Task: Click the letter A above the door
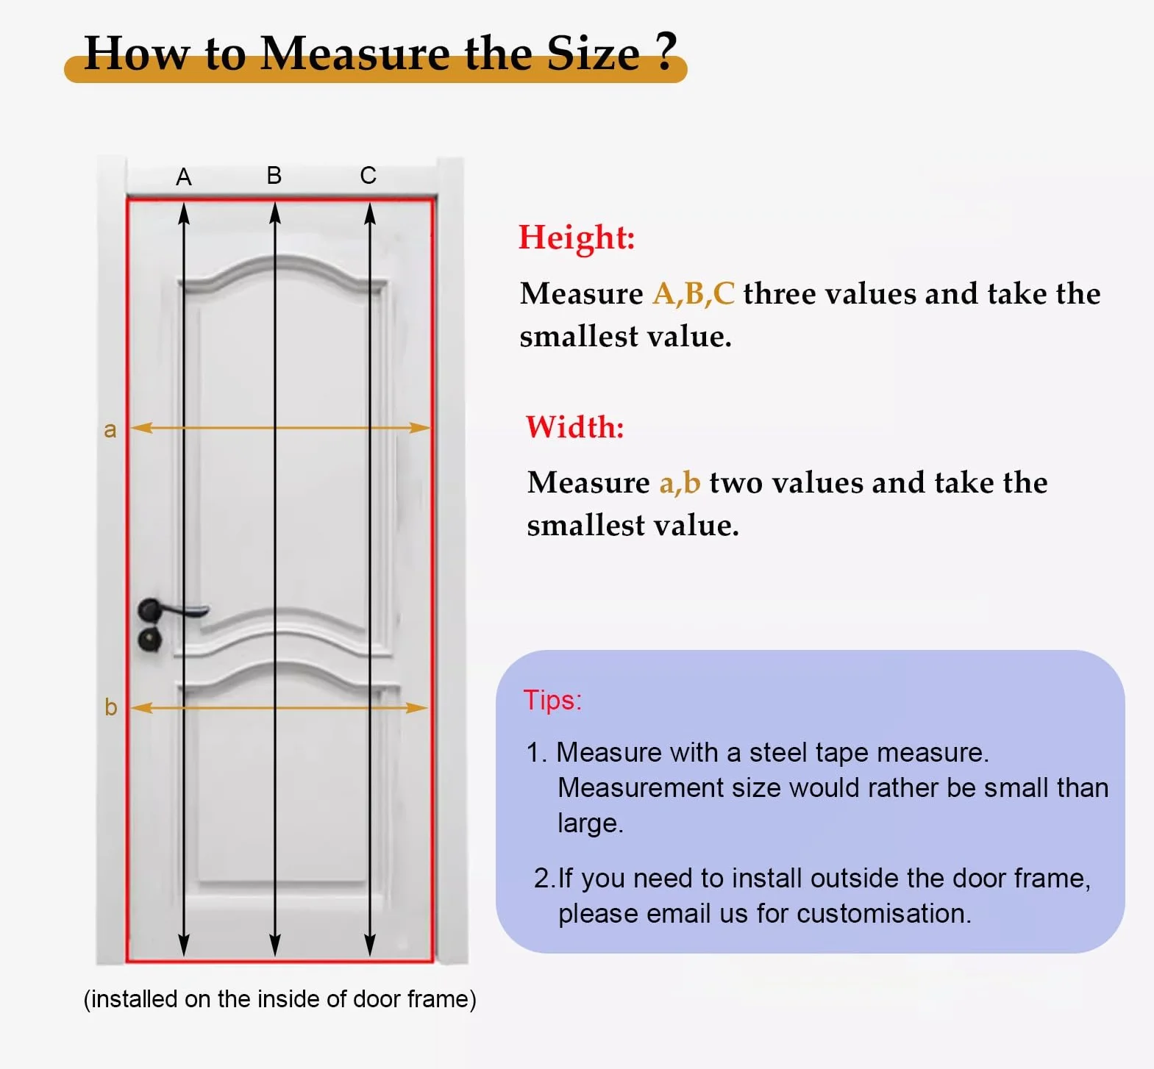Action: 184,177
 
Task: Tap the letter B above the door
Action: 274,176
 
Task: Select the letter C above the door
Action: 368,176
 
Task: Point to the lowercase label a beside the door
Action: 110,429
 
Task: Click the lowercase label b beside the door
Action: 111,707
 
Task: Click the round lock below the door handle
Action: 150,638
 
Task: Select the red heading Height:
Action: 577,237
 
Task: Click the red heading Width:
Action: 575,426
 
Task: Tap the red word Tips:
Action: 552,700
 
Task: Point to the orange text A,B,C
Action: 694,293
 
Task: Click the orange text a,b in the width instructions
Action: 680,482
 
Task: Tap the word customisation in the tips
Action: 883,913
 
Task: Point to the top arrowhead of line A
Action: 184,213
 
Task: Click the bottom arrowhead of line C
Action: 370,945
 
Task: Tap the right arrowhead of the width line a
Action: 419,427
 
